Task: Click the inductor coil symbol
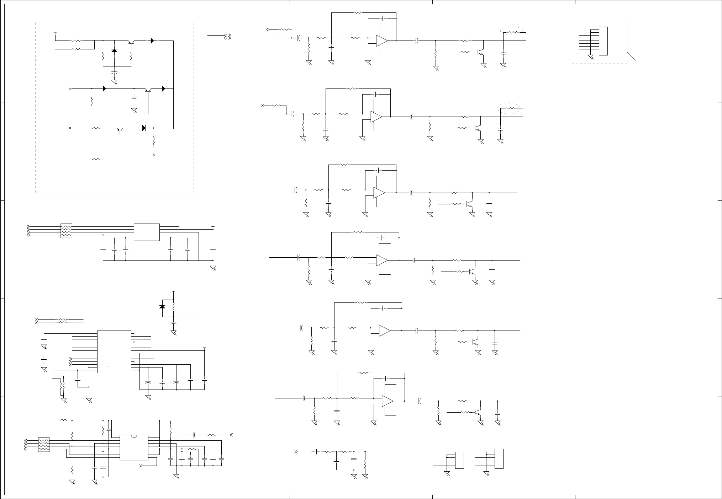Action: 63,421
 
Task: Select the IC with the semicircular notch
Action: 134,447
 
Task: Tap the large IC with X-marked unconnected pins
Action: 114,352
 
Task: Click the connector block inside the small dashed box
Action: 603,41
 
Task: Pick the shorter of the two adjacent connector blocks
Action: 459,460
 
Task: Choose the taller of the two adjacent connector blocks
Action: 499,459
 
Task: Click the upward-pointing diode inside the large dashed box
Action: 114,51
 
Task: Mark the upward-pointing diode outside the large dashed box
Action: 162,306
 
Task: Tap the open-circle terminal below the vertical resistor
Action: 154,155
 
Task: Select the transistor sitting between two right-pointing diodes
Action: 148,90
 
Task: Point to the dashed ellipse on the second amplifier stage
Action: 509,108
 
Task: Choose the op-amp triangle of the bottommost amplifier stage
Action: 388,401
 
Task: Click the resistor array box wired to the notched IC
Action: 43,445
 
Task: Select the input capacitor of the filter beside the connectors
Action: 316,452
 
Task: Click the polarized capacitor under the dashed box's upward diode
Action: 114,73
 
